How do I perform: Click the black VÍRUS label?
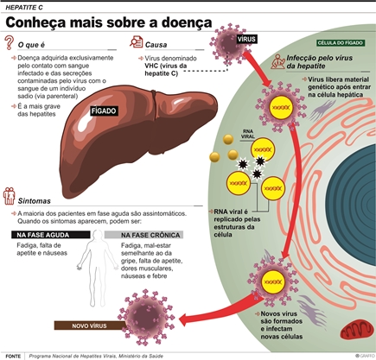pos(246,39)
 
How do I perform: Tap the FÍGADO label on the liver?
pos(104,111)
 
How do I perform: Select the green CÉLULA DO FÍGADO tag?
pos(340,43)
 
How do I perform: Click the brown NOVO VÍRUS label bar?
pos(90,325)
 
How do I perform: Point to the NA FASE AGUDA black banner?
pos(51,235)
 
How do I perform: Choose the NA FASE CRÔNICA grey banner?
pos(143,235)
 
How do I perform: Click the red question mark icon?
pos(10,42)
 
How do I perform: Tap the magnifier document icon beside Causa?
pos(136,41)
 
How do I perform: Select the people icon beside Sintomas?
pos(9,196)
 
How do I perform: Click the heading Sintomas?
pos(34,201)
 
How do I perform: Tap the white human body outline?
pos(98,268)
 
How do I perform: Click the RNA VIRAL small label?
pos(248,134)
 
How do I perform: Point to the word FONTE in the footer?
pos(13,357)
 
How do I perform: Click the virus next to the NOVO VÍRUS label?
pos(147,318)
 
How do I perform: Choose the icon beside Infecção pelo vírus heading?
pos(277,61)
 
